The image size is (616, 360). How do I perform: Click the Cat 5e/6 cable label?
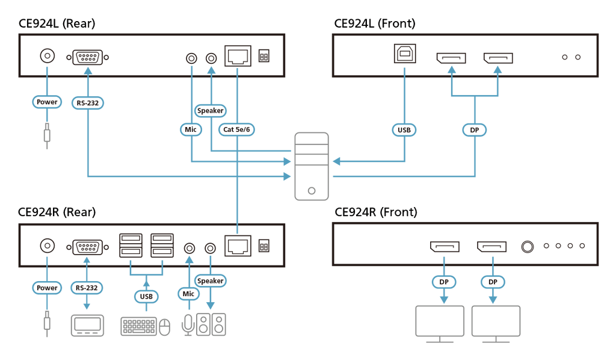(236, 129)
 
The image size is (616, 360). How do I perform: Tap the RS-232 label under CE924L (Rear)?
(88, 103)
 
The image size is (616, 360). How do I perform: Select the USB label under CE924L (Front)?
(404, 129)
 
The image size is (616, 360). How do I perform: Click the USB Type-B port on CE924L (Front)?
(405, 54)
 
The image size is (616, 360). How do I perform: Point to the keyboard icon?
(139, 326)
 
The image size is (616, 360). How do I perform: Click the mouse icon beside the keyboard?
(165, 327)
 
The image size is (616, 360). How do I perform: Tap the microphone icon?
(188, 324)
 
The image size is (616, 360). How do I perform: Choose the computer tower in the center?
(312, 166)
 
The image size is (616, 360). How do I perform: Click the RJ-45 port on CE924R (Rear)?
(238, 246)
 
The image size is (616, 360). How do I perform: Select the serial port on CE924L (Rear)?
(88, 57)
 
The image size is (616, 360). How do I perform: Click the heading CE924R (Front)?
(375, 213)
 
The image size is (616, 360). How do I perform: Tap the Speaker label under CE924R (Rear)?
(210, 281)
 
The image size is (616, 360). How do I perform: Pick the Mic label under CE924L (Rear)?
(191, 129)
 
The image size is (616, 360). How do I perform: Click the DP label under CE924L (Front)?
(475, 129)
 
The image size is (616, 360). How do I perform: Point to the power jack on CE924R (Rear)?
(48, 246)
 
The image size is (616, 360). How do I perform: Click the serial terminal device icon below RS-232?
(87, 326)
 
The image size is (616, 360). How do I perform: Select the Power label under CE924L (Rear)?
(47, 102)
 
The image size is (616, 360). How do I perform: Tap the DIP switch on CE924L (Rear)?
(264, 56)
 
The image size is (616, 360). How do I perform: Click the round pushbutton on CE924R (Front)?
(527, 246)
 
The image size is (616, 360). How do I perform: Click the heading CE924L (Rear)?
(57, 23)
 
